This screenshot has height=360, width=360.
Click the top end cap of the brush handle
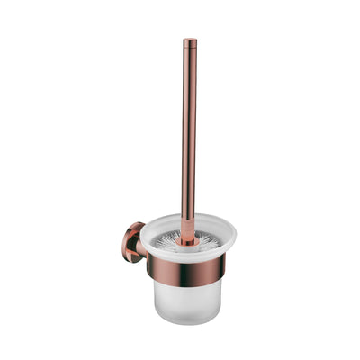click(190, 41)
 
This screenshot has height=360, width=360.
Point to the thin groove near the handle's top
click(190, 50)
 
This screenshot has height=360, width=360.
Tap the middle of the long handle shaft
click(189, 135)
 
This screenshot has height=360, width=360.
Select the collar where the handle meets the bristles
click(187, 238)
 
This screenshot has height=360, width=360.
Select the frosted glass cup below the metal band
click(187, 301)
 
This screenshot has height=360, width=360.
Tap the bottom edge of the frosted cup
click(187, 323)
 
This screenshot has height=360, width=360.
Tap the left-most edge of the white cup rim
click(139, 237)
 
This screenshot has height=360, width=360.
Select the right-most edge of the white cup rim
click(236, 237)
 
